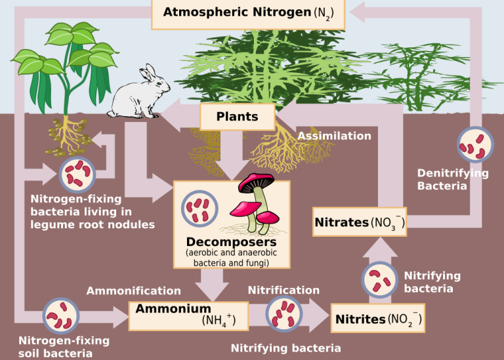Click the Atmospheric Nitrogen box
click(x=248, y=14)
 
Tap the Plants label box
click(x=238, y=117)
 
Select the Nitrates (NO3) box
click(x=360, y=222)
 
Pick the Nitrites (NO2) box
click(x=378, y=318)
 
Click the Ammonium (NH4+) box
click(x=189, y=316)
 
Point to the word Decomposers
click(x=231, y=242)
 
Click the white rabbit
click(x=138, y=92)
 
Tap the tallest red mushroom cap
click(x=256, y=182)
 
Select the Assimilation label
click(x=334, y=136)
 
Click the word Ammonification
click(x=134, y=290)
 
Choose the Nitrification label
click(x=283, y=290)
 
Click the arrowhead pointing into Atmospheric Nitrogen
click(x=358, y=12)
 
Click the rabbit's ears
click(x=148, y=73)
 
